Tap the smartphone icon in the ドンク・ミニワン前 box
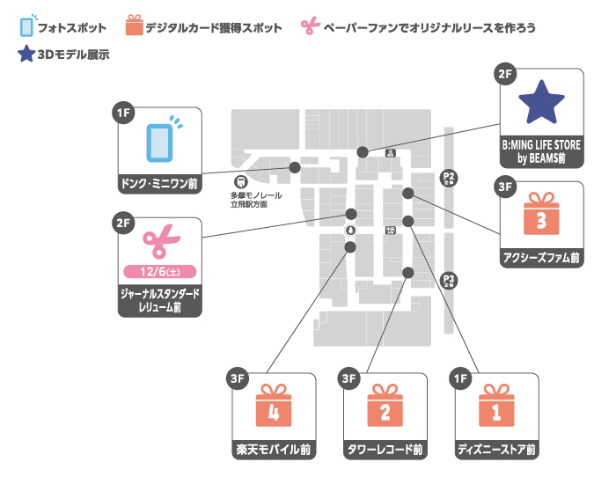coord(159,143)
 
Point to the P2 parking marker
coord(449,179)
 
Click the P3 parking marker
coord(449,280)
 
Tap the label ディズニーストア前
coord(496,450)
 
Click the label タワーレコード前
coord(385,450)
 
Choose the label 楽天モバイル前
coord(274,450)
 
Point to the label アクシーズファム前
coord(541,258)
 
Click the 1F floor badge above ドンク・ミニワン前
coord(124,112)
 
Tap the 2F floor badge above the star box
coord(505,75)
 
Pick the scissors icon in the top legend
coord(309,27)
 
